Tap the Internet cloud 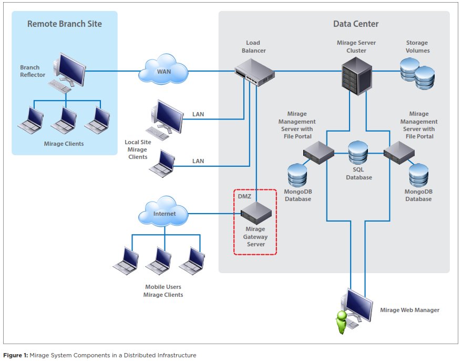(165, 213)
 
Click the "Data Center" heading (356, 24)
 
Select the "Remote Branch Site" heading (65, 24)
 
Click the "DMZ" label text (244, 196)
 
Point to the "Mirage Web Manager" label (409, 310)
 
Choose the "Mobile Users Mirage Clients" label (163, 291)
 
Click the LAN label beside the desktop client (198, 114)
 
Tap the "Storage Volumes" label (417, 47)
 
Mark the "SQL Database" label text (358, 174)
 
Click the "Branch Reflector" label (33, 71)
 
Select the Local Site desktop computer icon (166, 118)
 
